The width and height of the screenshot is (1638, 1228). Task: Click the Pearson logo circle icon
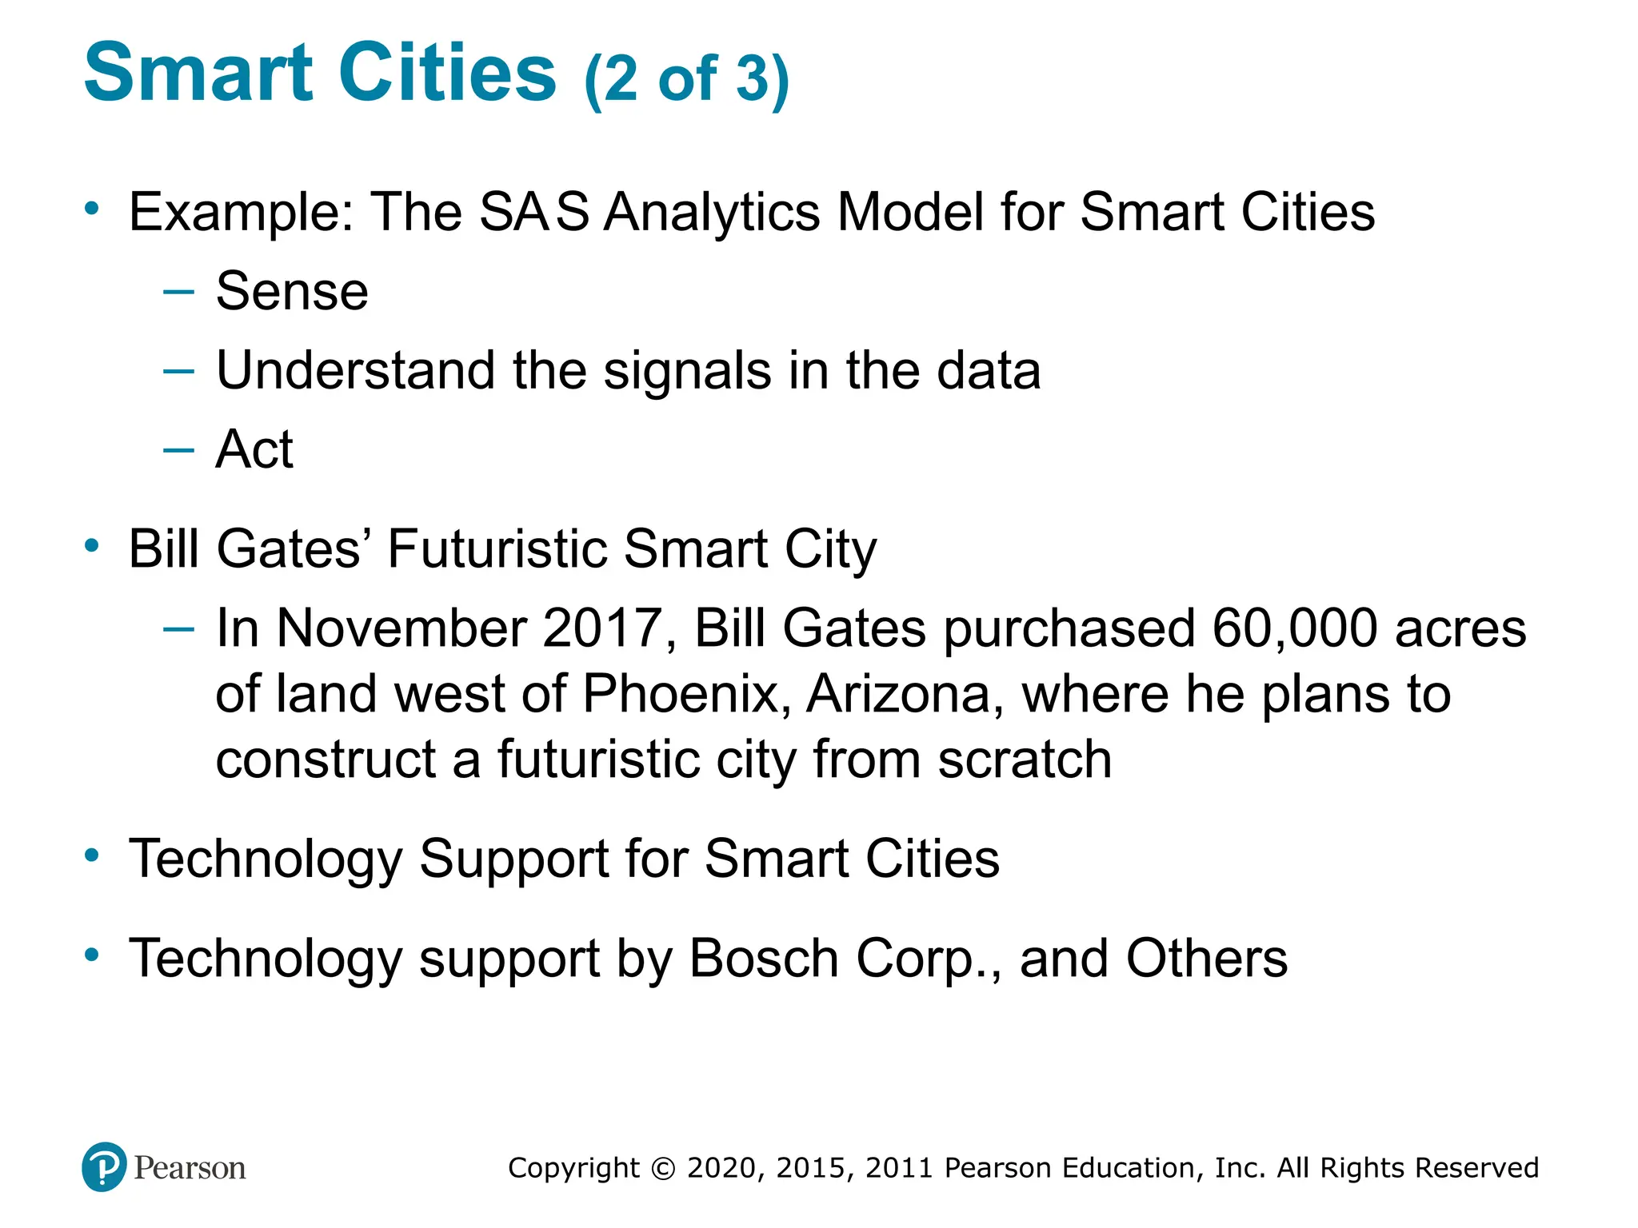coord(104,1167)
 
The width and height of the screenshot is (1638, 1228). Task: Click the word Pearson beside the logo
coord(190,1168)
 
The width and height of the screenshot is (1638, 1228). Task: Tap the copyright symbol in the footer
coord(663,1168)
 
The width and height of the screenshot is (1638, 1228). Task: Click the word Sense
coord(292,291)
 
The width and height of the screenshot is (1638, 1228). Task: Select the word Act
coord(254,449)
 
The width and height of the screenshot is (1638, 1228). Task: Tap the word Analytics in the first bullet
coord(712,213)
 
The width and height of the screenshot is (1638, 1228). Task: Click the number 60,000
coord(1295,628)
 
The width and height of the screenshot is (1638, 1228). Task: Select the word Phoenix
coord(680,694)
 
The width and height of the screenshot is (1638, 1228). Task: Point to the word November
coord(401,628)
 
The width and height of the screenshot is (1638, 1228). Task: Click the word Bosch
coord(763,959)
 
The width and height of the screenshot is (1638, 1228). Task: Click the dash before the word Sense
coord(178,291)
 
